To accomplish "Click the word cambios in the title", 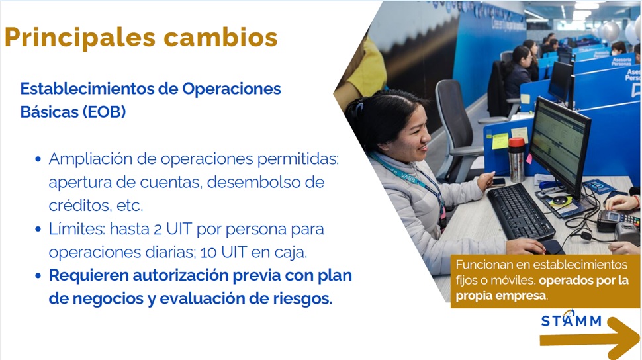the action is pyautogui.click(x=220, y=37).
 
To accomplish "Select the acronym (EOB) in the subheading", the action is pyautogui.click(x=104, y=112).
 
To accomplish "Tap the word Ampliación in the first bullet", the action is pyautogui.click(x=90, y=159).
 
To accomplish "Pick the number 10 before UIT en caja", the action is pyautogui.click(x=208, y=252).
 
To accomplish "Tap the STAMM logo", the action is pyautogui.click(x=571, y=320).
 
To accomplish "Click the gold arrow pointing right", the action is pyautogui.click(x=590, y=339).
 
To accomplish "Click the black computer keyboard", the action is pyautogui.click(x=520, y=211).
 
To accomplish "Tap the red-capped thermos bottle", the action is pyautogui.click(x=516, y=159).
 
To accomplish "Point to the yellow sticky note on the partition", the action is pyautogui.click(x=500, y=141).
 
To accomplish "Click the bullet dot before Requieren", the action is pyautogui.click(x=38, y=276).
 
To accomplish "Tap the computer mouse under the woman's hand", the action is pyautogui.click(x=550, y=247).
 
